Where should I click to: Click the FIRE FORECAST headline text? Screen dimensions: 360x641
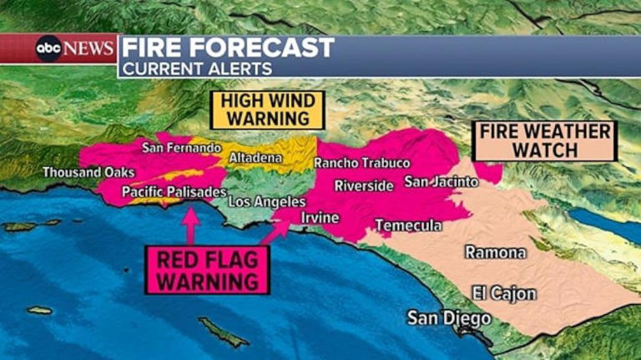click(228, 48)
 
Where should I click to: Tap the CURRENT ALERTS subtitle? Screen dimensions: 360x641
click(198, 68)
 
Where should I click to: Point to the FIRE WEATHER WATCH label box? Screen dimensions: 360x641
click(544, 140)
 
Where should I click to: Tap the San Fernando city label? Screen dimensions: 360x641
click(181, 148)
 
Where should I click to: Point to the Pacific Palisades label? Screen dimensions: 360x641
click(174, 192)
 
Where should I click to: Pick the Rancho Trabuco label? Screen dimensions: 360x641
click(362, 163)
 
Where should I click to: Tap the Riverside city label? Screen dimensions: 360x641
click(364, 185)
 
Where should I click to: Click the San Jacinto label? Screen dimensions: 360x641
click(442, 181)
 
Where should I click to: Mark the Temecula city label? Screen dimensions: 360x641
click(408, 226)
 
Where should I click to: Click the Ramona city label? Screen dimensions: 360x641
click(496, 252)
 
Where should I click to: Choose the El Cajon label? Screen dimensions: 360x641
click(503, 294)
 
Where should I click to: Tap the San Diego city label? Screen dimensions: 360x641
click(449, 318)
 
